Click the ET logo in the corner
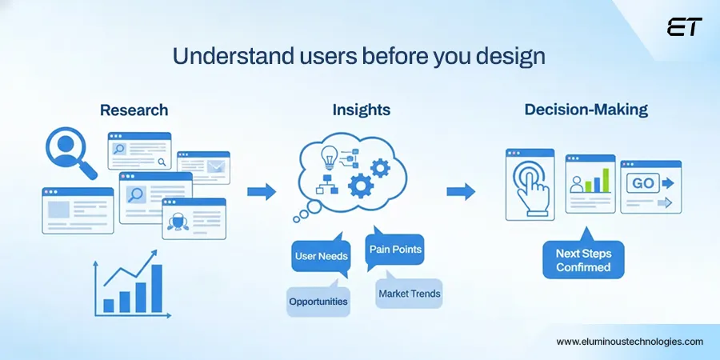coord(683,27)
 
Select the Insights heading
coord(362,110)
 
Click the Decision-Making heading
coord(586,110)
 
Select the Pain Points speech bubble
coord(395,250)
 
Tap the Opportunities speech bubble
coord(318,302)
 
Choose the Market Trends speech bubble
coord(409,294)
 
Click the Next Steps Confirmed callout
coord(582,260)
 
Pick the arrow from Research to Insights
coord(261,192)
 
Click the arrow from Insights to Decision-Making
coord(461,192)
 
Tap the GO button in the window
coord(643,183)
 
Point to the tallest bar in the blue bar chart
coord(157,288)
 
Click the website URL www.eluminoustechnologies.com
coord(630,342)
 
